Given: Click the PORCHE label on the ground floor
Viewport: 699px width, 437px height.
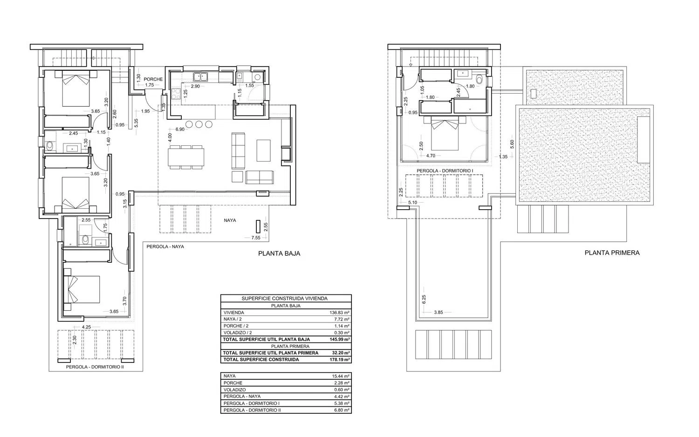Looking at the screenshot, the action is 153,79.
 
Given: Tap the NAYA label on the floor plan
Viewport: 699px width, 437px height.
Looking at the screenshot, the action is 230,220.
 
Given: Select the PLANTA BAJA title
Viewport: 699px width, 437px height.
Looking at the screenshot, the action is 279,253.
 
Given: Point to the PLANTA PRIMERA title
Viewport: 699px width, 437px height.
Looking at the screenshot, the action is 612,253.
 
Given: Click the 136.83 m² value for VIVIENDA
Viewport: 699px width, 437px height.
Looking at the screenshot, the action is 340,313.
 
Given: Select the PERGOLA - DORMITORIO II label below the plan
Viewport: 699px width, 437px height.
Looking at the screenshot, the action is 95,367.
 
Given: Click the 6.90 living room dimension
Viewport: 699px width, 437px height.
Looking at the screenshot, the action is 180,129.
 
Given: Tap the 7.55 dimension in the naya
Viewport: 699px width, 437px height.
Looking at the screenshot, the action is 256,238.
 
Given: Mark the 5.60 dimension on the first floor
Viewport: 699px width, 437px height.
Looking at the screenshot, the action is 512,144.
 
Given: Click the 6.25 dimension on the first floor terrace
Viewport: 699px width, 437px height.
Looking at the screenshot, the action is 424,300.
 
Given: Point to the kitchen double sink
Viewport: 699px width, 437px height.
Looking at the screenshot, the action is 201,77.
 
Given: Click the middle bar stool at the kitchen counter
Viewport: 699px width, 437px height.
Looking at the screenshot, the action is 199,124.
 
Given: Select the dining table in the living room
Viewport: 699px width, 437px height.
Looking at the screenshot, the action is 186,157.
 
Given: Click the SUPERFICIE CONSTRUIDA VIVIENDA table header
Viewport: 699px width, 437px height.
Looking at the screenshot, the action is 285,299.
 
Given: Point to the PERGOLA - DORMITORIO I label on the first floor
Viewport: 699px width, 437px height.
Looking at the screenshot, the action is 445,171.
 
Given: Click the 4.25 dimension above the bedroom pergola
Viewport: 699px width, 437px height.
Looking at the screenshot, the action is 86,327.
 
